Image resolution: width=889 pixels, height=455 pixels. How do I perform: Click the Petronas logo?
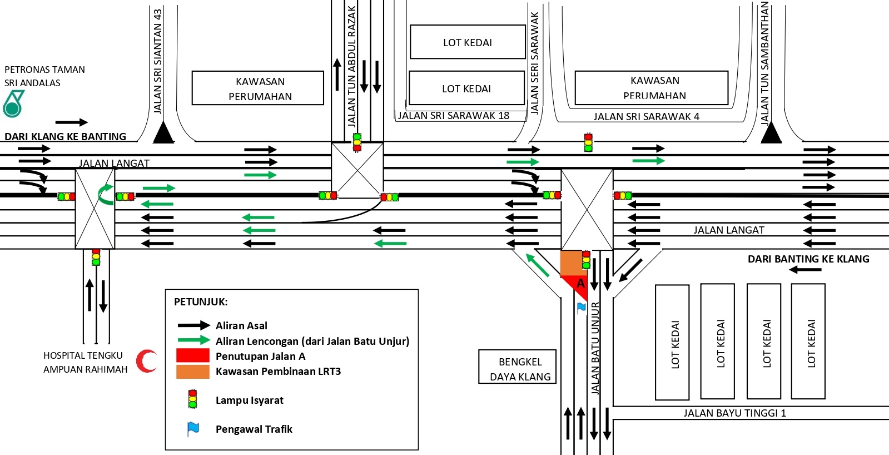pos(13,104)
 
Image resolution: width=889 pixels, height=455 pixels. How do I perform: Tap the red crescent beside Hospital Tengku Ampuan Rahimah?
pos(147,361)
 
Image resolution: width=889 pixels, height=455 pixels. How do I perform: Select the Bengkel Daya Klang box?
pos(518,367)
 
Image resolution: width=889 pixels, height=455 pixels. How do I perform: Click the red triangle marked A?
pos(578,285)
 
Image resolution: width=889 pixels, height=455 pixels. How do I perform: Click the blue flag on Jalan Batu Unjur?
pos(582,308)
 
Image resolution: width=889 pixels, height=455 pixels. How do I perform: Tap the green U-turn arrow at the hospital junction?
pos(105,195)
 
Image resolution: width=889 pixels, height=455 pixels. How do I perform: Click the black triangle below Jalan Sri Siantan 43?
pos(163,133)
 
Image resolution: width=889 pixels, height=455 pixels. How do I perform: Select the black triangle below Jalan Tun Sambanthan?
pos(771,133)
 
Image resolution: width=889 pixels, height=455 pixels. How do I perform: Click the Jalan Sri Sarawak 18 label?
pos(454,116)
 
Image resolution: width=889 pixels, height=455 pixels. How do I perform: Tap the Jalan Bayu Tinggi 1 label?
pos(734,413)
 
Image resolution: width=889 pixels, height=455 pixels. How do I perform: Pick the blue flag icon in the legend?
pos(193,429)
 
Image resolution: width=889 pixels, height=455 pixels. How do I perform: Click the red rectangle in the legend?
pos(192,356)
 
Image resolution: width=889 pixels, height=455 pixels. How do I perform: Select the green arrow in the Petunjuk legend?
pos(193,340)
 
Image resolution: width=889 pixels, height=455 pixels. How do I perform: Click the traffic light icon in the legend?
pos(192,399)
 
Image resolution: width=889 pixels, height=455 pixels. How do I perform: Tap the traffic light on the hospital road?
pos(96,257)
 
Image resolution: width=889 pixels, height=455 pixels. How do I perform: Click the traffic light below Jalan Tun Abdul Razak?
pos(357,142)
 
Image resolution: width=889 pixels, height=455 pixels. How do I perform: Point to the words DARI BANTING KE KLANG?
pos(808,259)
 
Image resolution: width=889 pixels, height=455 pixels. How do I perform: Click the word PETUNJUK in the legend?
pos(201,302)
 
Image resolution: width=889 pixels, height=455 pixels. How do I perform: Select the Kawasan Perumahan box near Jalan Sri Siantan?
pos(258,88)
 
